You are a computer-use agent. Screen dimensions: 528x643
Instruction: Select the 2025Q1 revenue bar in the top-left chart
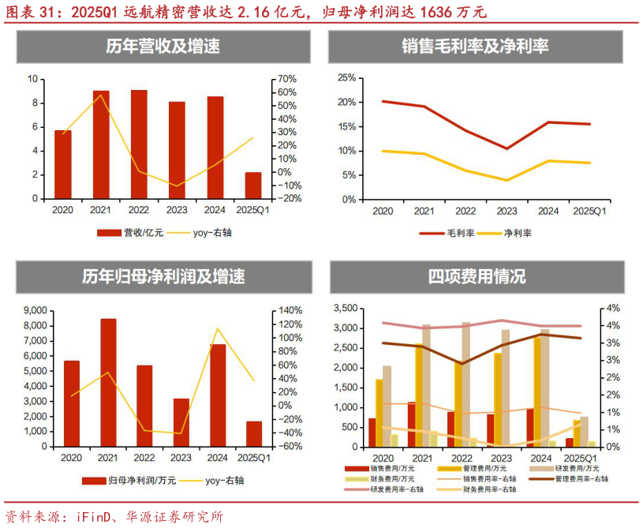pyautogui.click(x=253, y=185)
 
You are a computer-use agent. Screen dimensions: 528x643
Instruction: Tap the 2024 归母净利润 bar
pyautogui.click(x=218, y=395)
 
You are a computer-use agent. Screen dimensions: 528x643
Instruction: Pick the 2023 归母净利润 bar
pyautogui.click(x=181, y=422)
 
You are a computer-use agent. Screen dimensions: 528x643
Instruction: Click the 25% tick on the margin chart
pyautogui.click(x=346, y=77)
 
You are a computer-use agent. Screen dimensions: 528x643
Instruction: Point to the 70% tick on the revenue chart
pyautogui.click(x=287, y=79)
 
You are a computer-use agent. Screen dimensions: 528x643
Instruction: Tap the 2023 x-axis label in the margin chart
pyautogui.click(x=507, y=212)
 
